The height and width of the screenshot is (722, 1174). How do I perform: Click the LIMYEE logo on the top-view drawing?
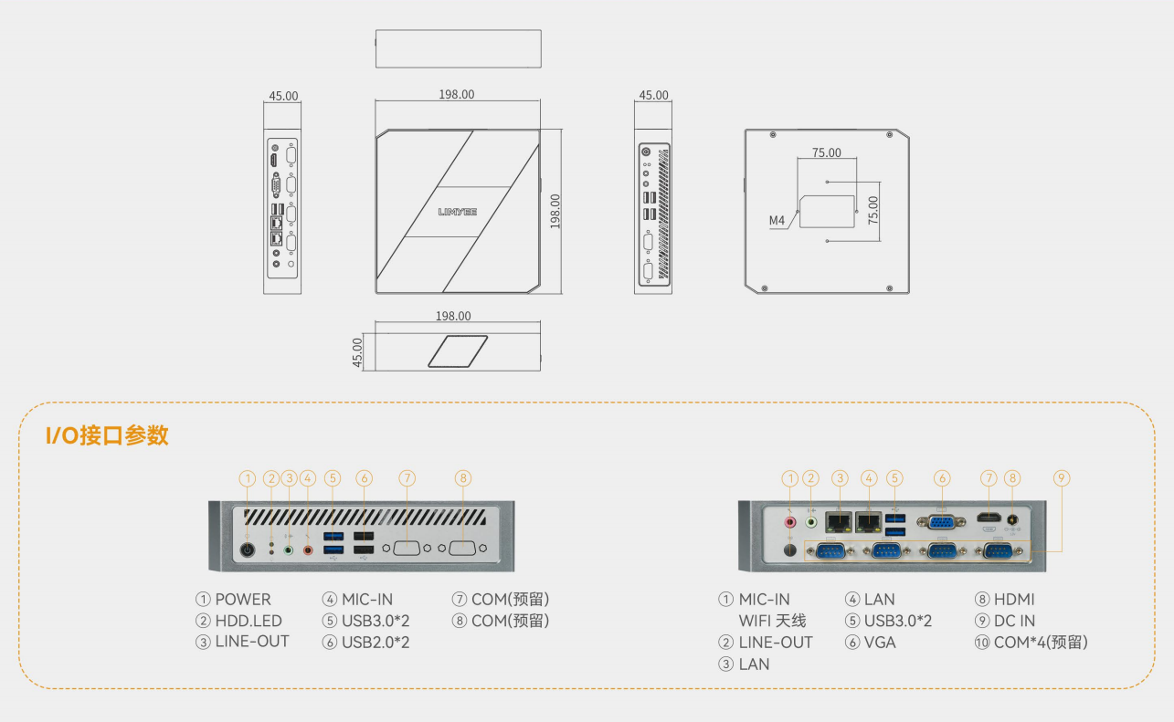pyautogui.click(x=457, y=212)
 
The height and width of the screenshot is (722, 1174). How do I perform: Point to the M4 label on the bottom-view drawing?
pyautogui.click(x=777, y=220)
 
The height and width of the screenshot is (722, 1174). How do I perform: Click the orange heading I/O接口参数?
pyautogui.click(x=107, y=435)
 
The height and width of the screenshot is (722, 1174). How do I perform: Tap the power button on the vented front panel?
pyautogui.click(x=248, y=549)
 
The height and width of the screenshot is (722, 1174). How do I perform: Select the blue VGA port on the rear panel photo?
pyautogui.click(x=941, y=521)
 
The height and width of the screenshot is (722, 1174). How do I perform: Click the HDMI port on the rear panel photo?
pyautogui.click(x=989, y=518)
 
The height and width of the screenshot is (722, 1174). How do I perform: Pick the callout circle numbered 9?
pyautogui.click(x=1062, y=478)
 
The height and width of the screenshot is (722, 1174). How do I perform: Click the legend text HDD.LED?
pyautogui.click(x=249, y=621)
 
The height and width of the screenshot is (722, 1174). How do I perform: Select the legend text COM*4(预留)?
pyautogui.click(x=1041, y=643)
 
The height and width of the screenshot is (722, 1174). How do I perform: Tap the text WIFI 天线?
pyautogui.click(x=772, y=621)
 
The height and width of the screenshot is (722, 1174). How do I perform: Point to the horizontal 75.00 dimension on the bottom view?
pyautogui.click(x=827, y=152)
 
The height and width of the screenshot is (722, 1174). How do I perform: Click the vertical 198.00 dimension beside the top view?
pyautogui.click(x=555, y=212)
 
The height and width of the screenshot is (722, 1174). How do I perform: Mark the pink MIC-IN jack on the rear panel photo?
pyautogui.click(x=790, y=522)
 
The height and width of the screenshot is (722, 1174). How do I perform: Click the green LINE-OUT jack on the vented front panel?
pyautogui.click(x=289, y=550)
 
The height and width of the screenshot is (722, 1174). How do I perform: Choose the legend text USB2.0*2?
pyautogui.click(x=375, y=643)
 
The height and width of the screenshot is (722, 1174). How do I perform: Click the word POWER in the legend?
pyautogui.click(x=243, y=599)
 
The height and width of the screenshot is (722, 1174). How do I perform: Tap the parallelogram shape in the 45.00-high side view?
pyautogui.click(x=458, y=351)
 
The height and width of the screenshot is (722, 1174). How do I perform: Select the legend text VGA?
pyautogui.click(x=880, y=643)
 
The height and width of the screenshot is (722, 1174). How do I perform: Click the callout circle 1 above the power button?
pyautogui.click(x=248, y=478)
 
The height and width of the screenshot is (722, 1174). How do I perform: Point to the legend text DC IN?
pyautogui.click(x=1014, y=621)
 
